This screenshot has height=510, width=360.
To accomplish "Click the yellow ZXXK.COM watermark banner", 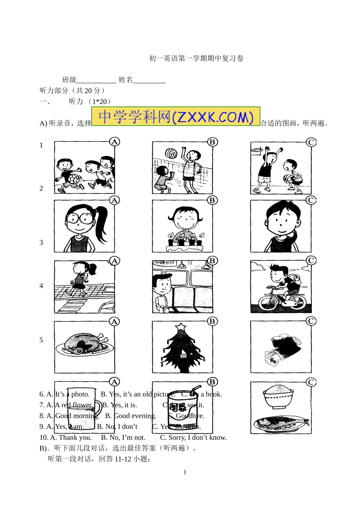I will (x=176, y=116).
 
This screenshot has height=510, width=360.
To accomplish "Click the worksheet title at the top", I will (x=196, y=58).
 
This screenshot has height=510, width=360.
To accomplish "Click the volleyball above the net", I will (x=171, y=153).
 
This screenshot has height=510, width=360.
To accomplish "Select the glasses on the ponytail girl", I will (x=80, y=218).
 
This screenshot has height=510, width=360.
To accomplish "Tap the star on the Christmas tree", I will (x=181, y=326).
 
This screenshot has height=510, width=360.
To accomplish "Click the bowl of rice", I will (x=279, y=396).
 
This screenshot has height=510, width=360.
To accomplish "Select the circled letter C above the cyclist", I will (x=311, y=260).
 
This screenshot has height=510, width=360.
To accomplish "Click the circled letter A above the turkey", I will (x=114, y=322).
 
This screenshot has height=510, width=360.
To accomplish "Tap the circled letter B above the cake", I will (x=212, y=200).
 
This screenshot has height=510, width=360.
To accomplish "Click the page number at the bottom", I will (x=185, y=472).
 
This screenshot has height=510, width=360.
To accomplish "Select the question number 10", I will (x=44, y=438).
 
